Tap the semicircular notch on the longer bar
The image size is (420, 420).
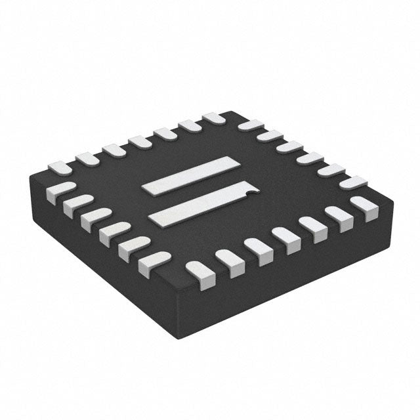[x=246, y=192]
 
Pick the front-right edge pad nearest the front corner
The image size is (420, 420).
[x=198, y=270]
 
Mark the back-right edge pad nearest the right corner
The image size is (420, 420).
[x=353, y=182]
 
